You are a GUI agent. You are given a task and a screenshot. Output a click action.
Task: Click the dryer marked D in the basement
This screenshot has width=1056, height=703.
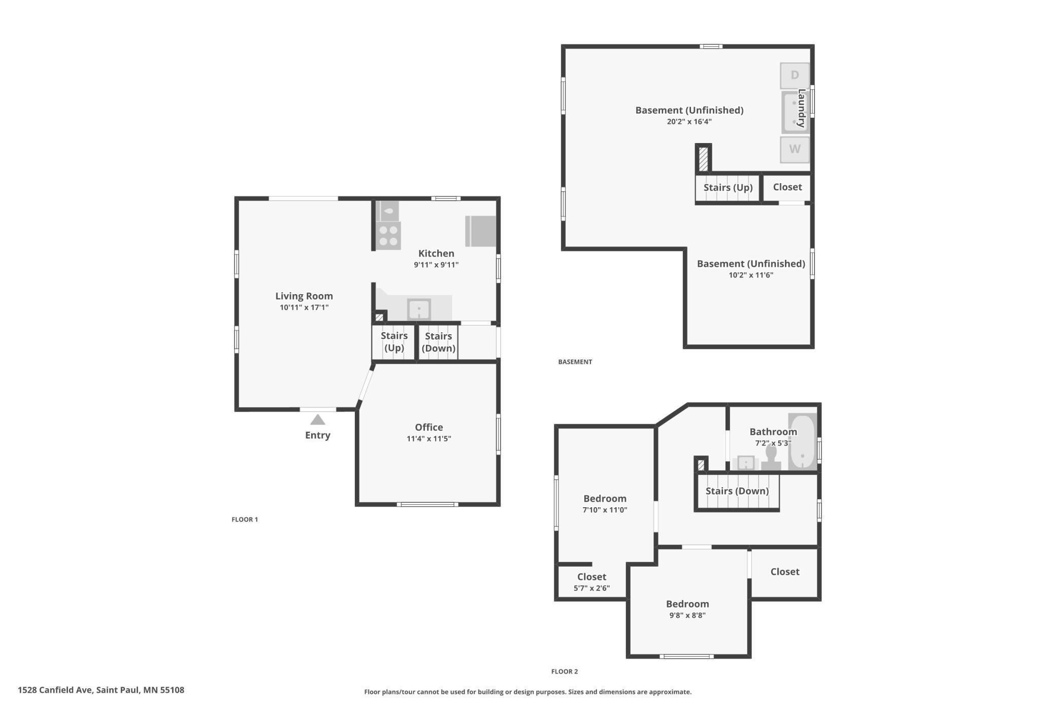pyautogui.click(x=795, y=76)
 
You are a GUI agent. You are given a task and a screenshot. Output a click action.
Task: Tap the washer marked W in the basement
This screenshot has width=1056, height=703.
pyautogui.click(x=795, y=150)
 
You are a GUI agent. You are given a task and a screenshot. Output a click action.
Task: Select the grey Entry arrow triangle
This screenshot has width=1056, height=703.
pyautogui.click(x=318, y=419)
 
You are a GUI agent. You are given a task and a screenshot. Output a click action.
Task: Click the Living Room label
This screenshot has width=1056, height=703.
pyautogui.click(x=304, y=296)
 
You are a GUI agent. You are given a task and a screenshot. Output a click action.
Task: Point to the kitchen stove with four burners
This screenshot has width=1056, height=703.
pyautogui.click(x=388, y=236)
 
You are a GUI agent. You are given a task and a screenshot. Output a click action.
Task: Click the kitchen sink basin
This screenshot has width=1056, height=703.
pyautogui.click(x=419, y=309)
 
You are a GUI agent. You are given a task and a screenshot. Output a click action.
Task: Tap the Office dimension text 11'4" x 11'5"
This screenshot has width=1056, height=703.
pyautogui.click(x=429, y=439)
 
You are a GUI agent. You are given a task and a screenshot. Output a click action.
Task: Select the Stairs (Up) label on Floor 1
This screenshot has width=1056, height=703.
pyautogui.click(x=394, y=342)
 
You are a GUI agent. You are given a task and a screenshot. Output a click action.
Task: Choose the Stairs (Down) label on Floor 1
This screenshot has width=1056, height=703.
pyautogui.click(x=439, y=342)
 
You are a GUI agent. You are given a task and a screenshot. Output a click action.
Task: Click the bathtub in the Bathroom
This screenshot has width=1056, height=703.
pyautogui.click(x=802, y=441)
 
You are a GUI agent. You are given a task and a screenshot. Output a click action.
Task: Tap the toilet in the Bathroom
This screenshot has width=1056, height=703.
pyautogui.click(x=771, y=458)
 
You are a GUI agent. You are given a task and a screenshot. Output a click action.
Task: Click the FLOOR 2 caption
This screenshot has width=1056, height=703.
pyautogui.click(x=565, y=672)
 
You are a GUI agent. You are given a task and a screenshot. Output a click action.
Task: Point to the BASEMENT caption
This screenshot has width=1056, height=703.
pyautogui.click(x=575, y=362)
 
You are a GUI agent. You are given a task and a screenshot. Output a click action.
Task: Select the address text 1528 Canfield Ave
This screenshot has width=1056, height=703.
pyautogui.click(x=55, y=690)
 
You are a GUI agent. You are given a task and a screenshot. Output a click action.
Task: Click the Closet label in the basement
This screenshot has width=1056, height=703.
pyautogui.click(x=787, y=187)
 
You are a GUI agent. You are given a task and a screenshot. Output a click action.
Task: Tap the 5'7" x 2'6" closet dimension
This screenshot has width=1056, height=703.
pyautogui.click(x=592, y=588)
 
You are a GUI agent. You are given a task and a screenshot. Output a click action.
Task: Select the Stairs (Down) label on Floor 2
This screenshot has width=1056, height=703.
pyautogui.click(x=737, y=491)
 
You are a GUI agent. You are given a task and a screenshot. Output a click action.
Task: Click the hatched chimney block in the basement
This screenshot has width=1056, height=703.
pyautogui.click(x=703, y=159)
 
